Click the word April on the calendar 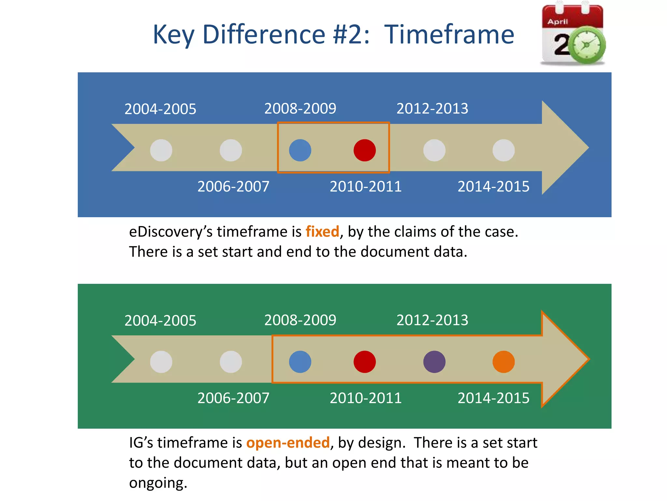[x=558, y=22]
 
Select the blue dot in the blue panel [x=300, y=150]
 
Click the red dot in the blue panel [x=364, y=150]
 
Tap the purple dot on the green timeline [x=434, y=362]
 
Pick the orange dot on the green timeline [x=504, y=362]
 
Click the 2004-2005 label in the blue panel [x=160, y=109]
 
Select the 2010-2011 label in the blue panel [x=365, y=187]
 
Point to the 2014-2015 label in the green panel [x=493, y=398]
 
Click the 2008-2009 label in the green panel [x=300, y=320]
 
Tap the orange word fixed [x=322, y=232]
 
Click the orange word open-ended [x=288, y=443]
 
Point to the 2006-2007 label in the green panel [x=233, y=398]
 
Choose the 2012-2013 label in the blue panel [x=432, y=109]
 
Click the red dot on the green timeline [x=364, y=362]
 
